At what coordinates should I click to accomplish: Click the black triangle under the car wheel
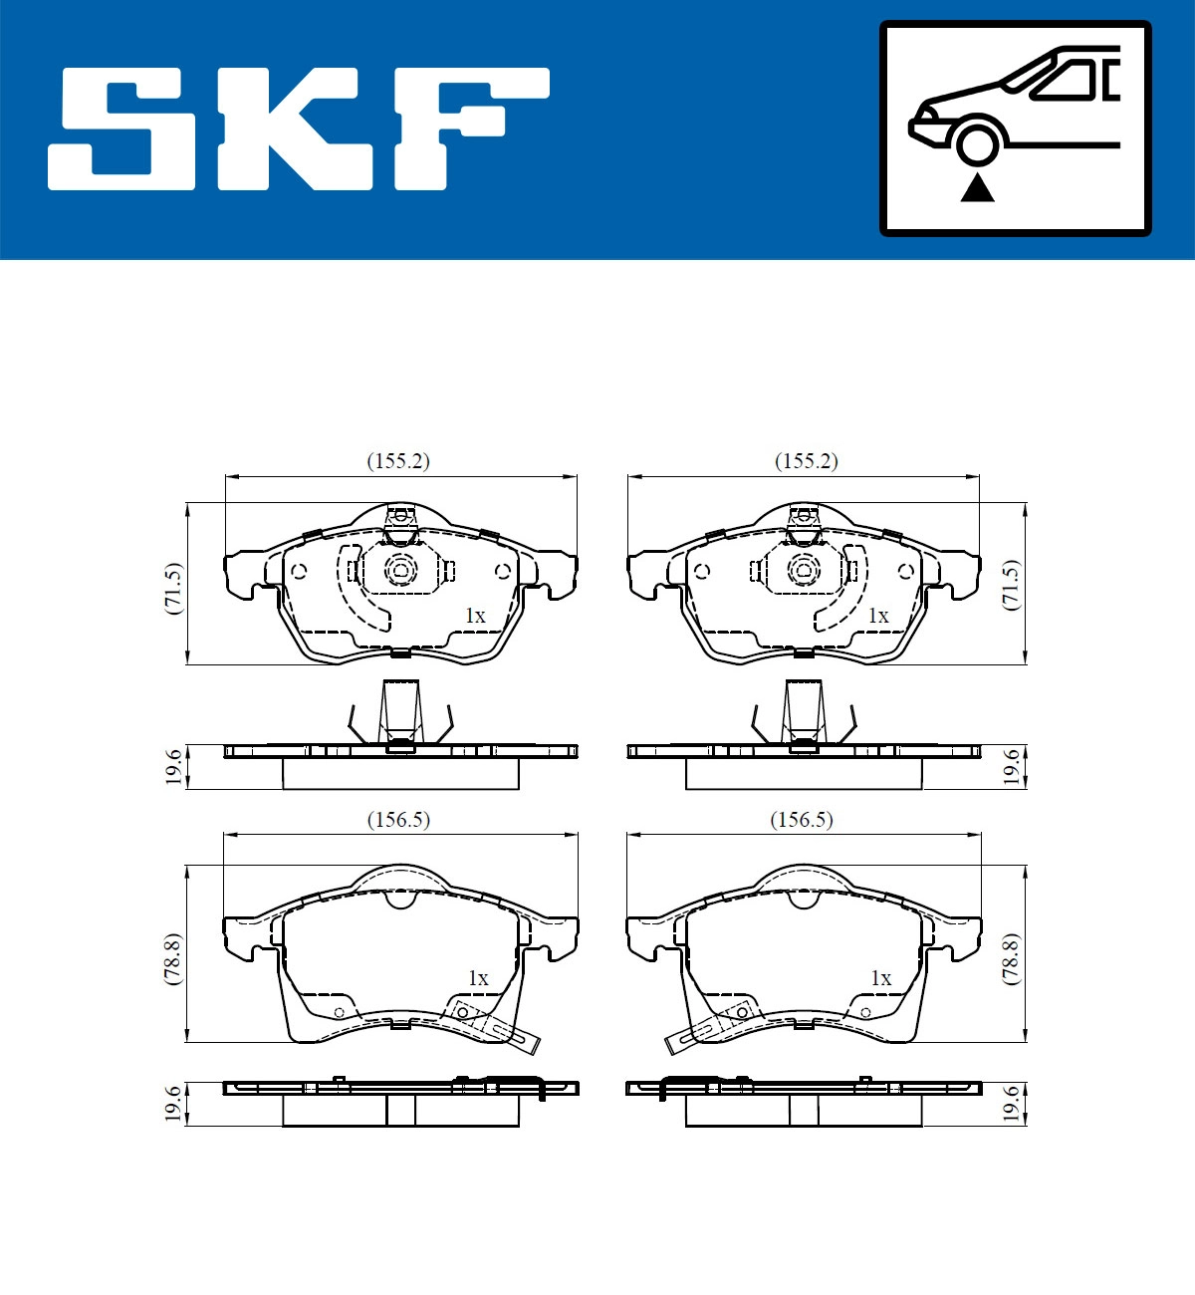pyautogui.click(x=977, y=186)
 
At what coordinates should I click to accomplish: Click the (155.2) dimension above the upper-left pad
pyautogui.click(x=398, y=461)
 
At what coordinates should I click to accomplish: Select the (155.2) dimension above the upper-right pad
pyautogui.click(x=806, y=461)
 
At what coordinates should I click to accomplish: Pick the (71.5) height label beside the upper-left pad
pyautogui.click(x=174, y=588)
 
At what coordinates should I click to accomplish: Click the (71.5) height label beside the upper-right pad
pyautogui.click(x=1011, y=585)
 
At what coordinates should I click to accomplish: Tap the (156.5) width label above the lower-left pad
pyautogui.click(x=398, y=820)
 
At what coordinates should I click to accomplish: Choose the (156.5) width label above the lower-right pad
pyautogui.click(x=802, y=820)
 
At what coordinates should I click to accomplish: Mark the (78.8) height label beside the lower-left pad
pyautogui.click(x=174, y=958)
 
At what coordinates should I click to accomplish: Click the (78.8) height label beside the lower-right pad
pyautogui.click(x=1011, y=958)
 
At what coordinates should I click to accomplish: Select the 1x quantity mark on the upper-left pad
pyautogui.click(x=475, y=616)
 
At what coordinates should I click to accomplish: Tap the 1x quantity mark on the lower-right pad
pyautogui.click(x=880, y=978)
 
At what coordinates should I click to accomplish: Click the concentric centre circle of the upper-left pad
pyautogui.click(x=400, y=571)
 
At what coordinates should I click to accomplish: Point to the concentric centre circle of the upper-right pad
pyautogui.click(x=803, y=571)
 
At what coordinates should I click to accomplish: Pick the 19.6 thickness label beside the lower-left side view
pyautogui.click(x=174, y=1104)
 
